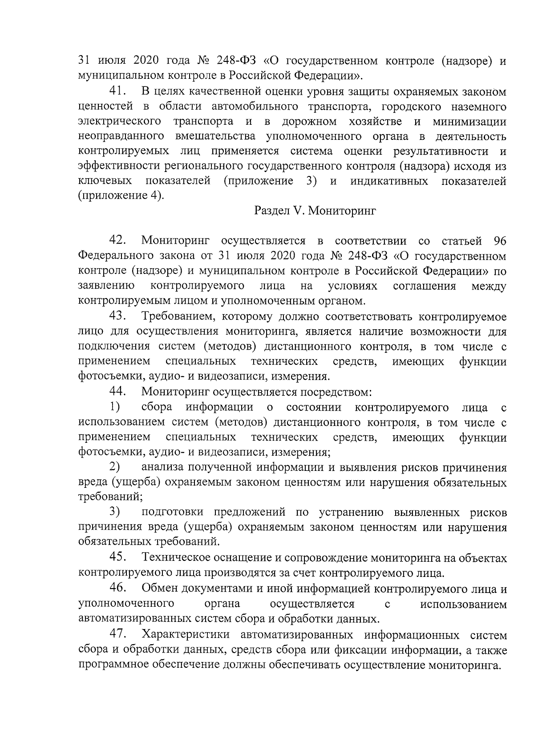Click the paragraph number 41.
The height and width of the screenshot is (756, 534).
click(x=118, y=92)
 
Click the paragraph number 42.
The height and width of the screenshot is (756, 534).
click(x=118, y=241)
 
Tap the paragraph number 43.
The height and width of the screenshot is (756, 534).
click(x=118, y=316)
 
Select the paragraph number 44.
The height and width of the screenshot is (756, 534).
click(x=118, y=392)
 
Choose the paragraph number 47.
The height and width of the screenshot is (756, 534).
click(x=118, y=634)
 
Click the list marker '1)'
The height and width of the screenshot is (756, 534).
click(x=115, y=407)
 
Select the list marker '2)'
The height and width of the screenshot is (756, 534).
click(x=115, y=467)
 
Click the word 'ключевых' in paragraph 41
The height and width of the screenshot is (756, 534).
click(x=105, y=181)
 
